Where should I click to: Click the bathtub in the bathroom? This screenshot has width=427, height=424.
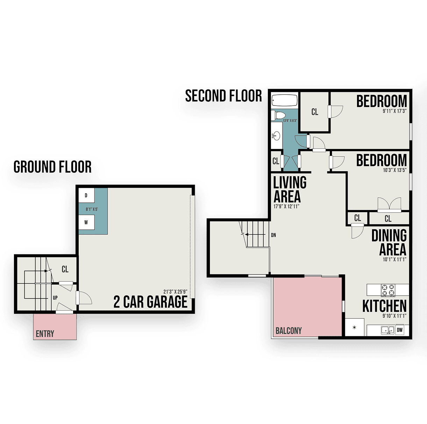pyautogui.click(x=285, y=101)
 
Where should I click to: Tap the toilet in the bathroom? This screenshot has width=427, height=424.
pyautogui.click(x=278, y=115)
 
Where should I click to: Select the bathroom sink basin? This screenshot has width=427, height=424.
pyautogui.click(x=276, y=135)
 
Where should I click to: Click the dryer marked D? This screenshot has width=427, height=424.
pyautogui.click(x=87, y=195)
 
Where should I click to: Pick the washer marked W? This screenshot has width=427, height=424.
pyautogui.click(x=87, y=222)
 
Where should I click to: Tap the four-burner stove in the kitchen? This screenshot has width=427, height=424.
pyautogui.click(x=388, y=290)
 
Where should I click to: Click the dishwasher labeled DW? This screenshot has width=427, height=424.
pyautogui.click(x=400, y=330)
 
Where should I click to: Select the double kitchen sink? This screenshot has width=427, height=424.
pyautogui.click(x=388, y=330)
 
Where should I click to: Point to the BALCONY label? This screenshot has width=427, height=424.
pyautogui.click(x=289, y=331)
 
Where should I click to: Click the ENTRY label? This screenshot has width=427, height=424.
pyautogui.click(x=45, y=333)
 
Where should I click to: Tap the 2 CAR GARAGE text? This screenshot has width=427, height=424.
pyautogui.click(x=150, y=302)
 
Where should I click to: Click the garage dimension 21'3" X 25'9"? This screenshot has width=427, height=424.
pyautogui.click(x=176, y=292)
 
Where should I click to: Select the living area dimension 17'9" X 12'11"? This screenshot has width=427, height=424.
pyautogui.click(x=286, y=207)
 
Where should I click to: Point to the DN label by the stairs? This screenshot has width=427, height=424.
pyautogui.click(x=273, y=235)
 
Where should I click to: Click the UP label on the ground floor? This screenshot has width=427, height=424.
pyautogui.click(x=55, y=298)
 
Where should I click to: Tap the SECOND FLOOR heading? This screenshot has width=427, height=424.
pyautogui.click(x=223, y=96)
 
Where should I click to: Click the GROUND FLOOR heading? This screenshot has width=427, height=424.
pyautogui.click(x=52, y=167)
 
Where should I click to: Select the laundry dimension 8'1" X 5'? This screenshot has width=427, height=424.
pyautogui.click(x=92, y=209)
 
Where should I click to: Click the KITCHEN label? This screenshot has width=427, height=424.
pyautogui.click(x=384, y=306)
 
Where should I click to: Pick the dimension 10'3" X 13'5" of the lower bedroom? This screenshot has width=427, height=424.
pyautogui.click(x=394, y=170)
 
